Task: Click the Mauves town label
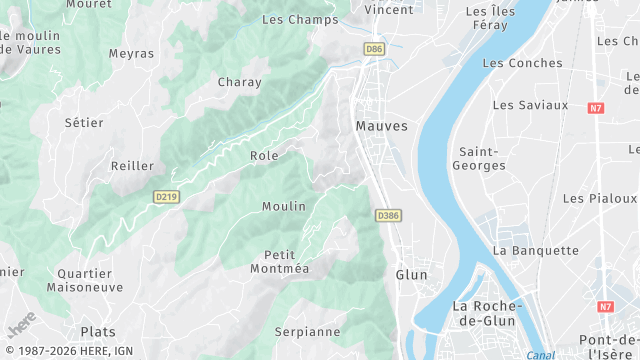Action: [x=381, y=126]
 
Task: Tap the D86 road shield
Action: [x=374, y=48]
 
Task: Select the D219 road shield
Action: [x=167, y=197]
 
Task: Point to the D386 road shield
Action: [x=388, y=215]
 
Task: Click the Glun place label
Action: [x=411, y=274]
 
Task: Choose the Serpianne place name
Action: [x=308, y=331]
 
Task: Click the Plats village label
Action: [x=98, y=332]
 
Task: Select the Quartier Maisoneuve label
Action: [x=84, y=279]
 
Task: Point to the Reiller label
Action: [x=132, y=166]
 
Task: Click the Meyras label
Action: [x=131, y=53]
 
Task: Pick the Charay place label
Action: [x=239, y=82]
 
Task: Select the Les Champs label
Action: [x=300, y=19]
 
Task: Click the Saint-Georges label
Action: [x=480, y=158]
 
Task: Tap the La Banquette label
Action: [x=536, y=250]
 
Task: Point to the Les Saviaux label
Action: [x=530, y=104]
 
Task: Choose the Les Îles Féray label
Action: [x=490, y=17]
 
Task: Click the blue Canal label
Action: [x=540, y=355]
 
